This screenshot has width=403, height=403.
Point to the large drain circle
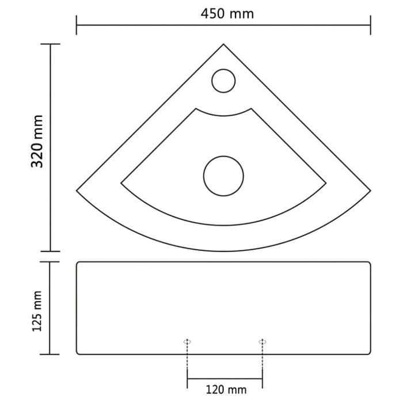coord(223,175)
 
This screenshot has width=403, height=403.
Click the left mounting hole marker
coord(187,341)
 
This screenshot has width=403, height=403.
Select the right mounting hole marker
coord(262,341)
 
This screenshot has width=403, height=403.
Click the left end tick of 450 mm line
coord(77,25)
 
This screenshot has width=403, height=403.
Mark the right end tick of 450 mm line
coord(370,25)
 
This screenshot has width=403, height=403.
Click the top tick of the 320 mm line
coord(51,44)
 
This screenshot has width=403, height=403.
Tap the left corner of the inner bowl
coord(121,184)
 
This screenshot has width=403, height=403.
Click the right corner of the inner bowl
coord(326,184)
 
